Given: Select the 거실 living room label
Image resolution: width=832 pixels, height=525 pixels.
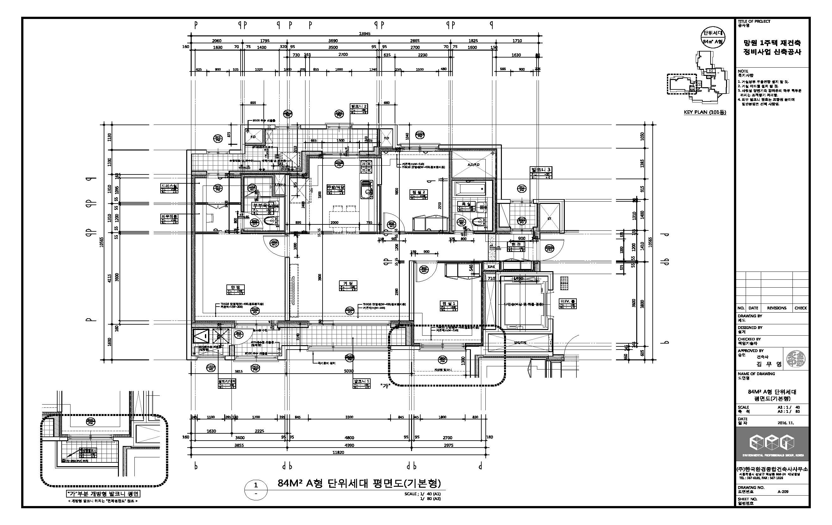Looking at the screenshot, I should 348,283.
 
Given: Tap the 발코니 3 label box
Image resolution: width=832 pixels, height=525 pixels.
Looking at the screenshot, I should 541,170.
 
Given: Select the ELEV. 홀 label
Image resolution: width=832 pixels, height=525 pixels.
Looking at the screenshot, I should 568,301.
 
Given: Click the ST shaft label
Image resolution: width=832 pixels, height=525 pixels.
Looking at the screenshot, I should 549,219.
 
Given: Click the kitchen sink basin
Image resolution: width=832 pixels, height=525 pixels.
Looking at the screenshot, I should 365,189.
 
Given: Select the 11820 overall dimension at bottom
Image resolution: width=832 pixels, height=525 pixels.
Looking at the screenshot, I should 338,452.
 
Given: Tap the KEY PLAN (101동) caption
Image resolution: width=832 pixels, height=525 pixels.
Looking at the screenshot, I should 705,112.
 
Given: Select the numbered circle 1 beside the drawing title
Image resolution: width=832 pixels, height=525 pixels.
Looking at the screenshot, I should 256,485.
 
